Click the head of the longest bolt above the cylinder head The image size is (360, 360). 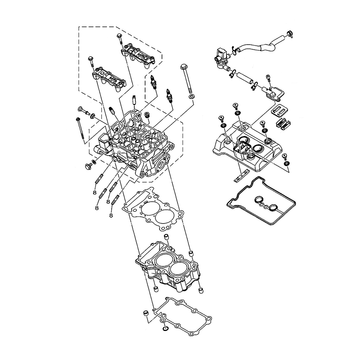(184, 67)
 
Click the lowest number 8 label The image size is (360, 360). (111, 215)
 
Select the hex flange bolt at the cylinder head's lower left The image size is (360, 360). (87, 166)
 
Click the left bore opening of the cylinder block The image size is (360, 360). (164, 260)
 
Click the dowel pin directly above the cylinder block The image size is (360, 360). (166, 237)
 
